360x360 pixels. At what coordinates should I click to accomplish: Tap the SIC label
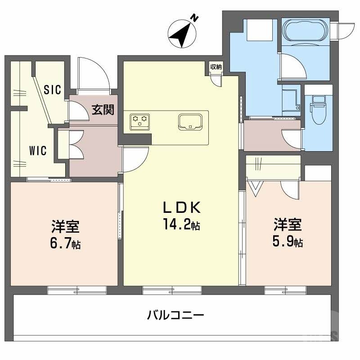53,89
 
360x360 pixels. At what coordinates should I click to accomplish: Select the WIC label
38,150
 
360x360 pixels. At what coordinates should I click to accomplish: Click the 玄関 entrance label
103,110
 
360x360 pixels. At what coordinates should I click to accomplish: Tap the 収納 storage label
216,67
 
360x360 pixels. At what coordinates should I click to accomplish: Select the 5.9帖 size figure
288,242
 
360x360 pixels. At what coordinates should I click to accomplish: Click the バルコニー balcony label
176,315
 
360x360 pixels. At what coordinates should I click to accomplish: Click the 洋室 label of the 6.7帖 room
66,225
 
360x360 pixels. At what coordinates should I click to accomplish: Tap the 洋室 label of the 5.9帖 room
288,224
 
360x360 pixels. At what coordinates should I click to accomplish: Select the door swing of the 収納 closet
217,79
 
